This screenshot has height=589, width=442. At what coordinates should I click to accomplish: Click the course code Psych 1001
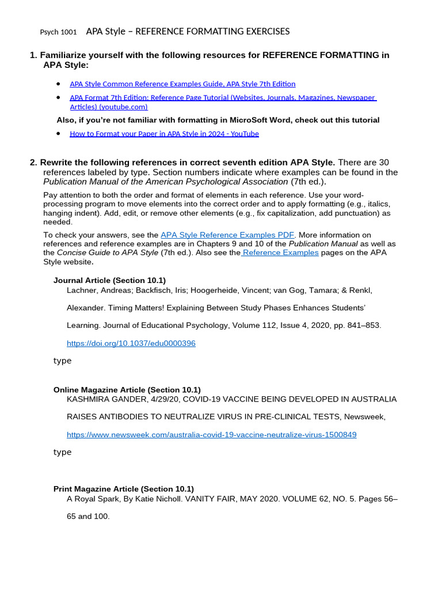coord(58,32)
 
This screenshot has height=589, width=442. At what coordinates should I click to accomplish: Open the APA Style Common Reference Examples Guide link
coord(182,84)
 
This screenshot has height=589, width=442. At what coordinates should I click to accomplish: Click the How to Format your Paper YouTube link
coord(164,133)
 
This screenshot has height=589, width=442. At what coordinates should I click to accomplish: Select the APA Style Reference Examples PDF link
coord(227,235)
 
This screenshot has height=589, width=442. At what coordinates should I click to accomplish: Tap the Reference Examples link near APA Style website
coord(280,253)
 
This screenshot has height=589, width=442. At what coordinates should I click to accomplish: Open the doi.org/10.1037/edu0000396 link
coord(131,343)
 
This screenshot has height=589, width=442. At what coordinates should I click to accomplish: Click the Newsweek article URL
coord(211,435)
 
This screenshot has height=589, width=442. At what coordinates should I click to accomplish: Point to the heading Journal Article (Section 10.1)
coord(109,280)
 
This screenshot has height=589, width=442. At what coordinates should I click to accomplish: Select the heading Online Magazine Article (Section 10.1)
coord(127,390)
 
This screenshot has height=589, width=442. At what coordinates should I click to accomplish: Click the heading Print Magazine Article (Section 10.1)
coord(124,489)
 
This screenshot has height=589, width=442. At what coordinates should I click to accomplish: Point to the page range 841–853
coord(360,326)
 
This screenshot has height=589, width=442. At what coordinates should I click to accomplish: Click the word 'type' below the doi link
coord(62,361)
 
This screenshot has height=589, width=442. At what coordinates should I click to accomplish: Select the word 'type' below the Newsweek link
coord(62,452)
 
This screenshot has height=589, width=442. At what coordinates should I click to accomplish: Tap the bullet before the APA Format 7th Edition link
coord(58,98)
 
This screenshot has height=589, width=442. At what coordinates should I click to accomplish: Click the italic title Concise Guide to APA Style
coord(108,253)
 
